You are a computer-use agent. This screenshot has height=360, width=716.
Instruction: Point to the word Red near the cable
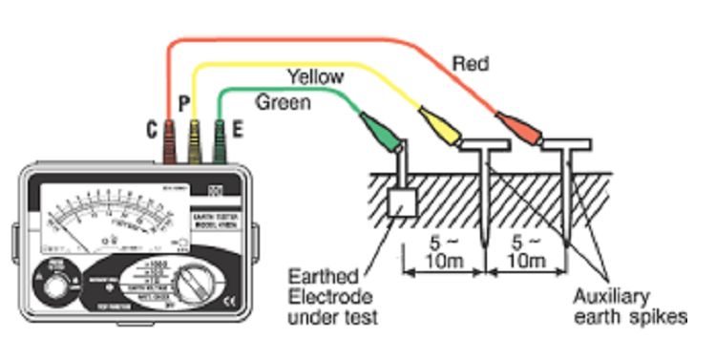click(x=471, y=63)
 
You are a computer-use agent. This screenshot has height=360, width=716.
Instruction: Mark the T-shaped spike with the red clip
click(x=566, y=191)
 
